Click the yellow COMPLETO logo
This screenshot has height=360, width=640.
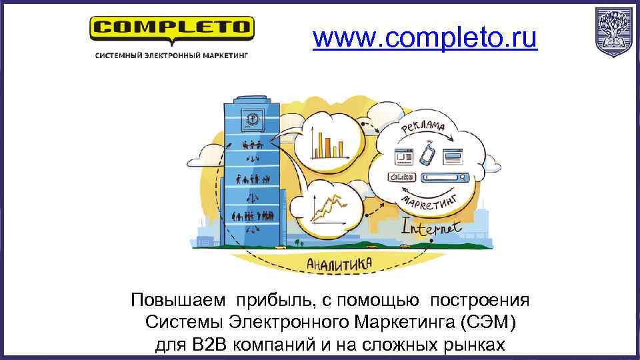coord(172,29)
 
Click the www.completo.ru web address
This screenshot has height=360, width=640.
coord(425,39)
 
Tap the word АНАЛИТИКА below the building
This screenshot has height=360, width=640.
coord(338,265)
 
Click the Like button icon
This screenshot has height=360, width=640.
coord(401,177)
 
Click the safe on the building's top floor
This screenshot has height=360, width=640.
coord(253,120)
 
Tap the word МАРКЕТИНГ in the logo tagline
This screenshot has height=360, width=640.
coord(221,56)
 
